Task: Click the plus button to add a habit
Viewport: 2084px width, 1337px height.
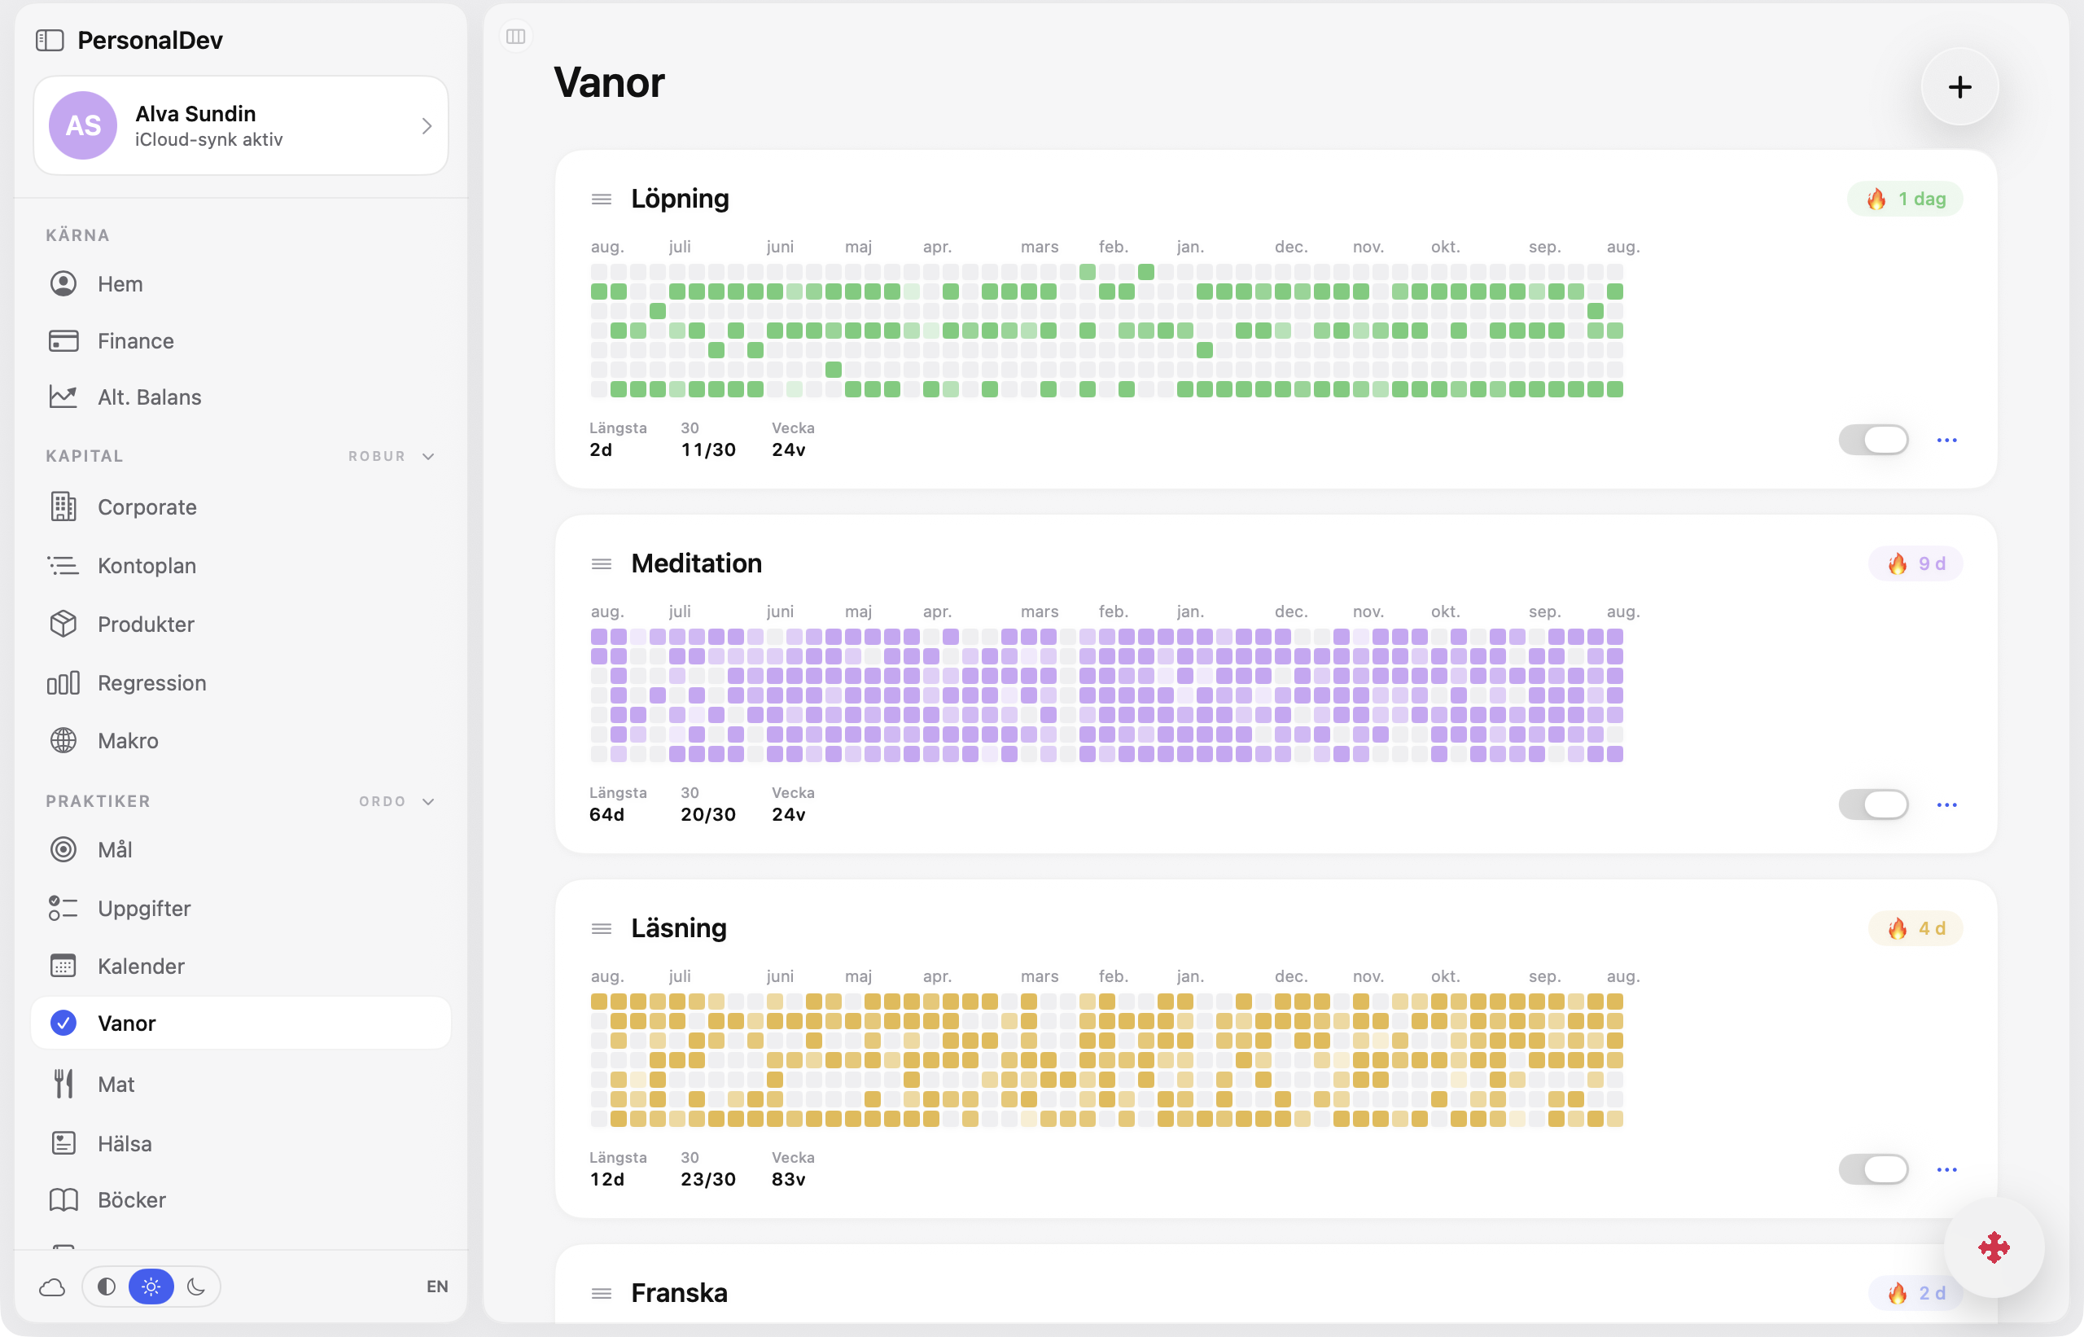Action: tap(1959, 87)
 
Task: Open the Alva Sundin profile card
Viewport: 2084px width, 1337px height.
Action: tap(240, 126)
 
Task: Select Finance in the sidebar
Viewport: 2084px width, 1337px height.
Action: tap(135, 341)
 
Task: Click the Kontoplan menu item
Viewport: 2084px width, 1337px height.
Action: tap(147, 565)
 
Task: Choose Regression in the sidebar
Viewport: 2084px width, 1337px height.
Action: tap(152, 683)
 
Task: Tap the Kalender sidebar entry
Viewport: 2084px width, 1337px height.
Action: tap(141, 967)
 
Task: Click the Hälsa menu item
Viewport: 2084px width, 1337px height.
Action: tap(124, 1143)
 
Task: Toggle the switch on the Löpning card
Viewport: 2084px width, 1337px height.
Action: tap(1873, 440)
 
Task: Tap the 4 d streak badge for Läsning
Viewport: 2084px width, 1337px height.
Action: tap(1915, 928)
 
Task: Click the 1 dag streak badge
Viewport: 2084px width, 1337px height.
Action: tap(1904, 199)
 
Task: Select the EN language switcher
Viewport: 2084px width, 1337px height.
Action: tap(436, 1286)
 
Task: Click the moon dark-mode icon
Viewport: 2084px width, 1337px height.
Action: tap(196, 1286)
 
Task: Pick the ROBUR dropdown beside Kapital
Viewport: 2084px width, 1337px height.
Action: tap(391, 456)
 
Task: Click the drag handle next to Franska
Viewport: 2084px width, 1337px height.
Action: tap(601, 1293)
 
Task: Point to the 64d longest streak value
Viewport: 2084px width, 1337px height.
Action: tap(606, 814)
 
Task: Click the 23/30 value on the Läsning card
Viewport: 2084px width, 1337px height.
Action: tap(707, 1179)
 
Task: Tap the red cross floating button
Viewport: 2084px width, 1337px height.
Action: tap(1993, 1247)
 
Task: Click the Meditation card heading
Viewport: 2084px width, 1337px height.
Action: tap(696, 563)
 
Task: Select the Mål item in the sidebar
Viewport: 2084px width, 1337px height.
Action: tap(115, 850)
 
